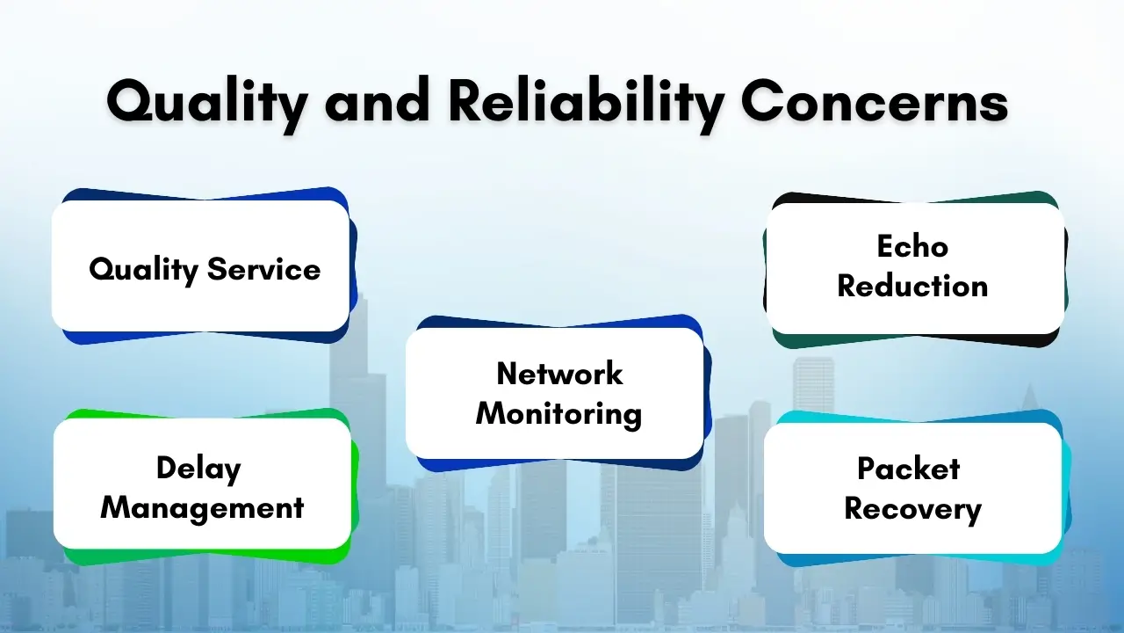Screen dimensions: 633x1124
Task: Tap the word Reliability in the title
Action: [x=586, y=103]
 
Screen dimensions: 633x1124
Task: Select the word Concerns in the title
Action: [x=874, y=103]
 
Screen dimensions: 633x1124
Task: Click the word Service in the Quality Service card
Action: [x=263, y=269]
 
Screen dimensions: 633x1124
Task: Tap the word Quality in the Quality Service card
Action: [x=144, y=269]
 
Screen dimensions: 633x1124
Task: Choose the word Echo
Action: [x=912, y=246]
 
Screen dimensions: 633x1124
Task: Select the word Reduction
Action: [x=912, y=286]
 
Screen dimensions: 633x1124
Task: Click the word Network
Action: [x=559, y=374]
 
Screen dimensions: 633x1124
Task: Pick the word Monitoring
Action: [x=559, y=413]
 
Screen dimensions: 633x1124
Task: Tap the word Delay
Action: [x=198, y=468]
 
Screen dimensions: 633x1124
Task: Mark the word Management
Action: [x=202, y=507]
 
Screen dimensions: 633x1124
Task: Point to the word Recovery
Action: [x=912, y=509]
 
